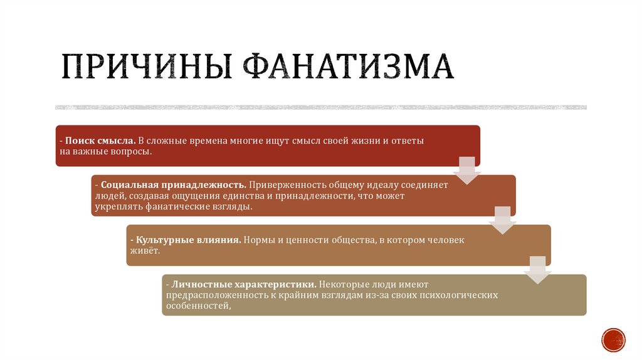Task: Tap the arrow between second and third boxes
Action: coord(502,220)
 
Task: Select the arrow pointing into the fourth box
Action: coord(537,270)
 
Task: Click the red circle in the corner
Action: coord(613,339)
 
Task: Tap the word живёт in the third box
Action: coord(144,250)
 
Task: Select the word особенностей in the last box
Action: coord(196,306)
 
